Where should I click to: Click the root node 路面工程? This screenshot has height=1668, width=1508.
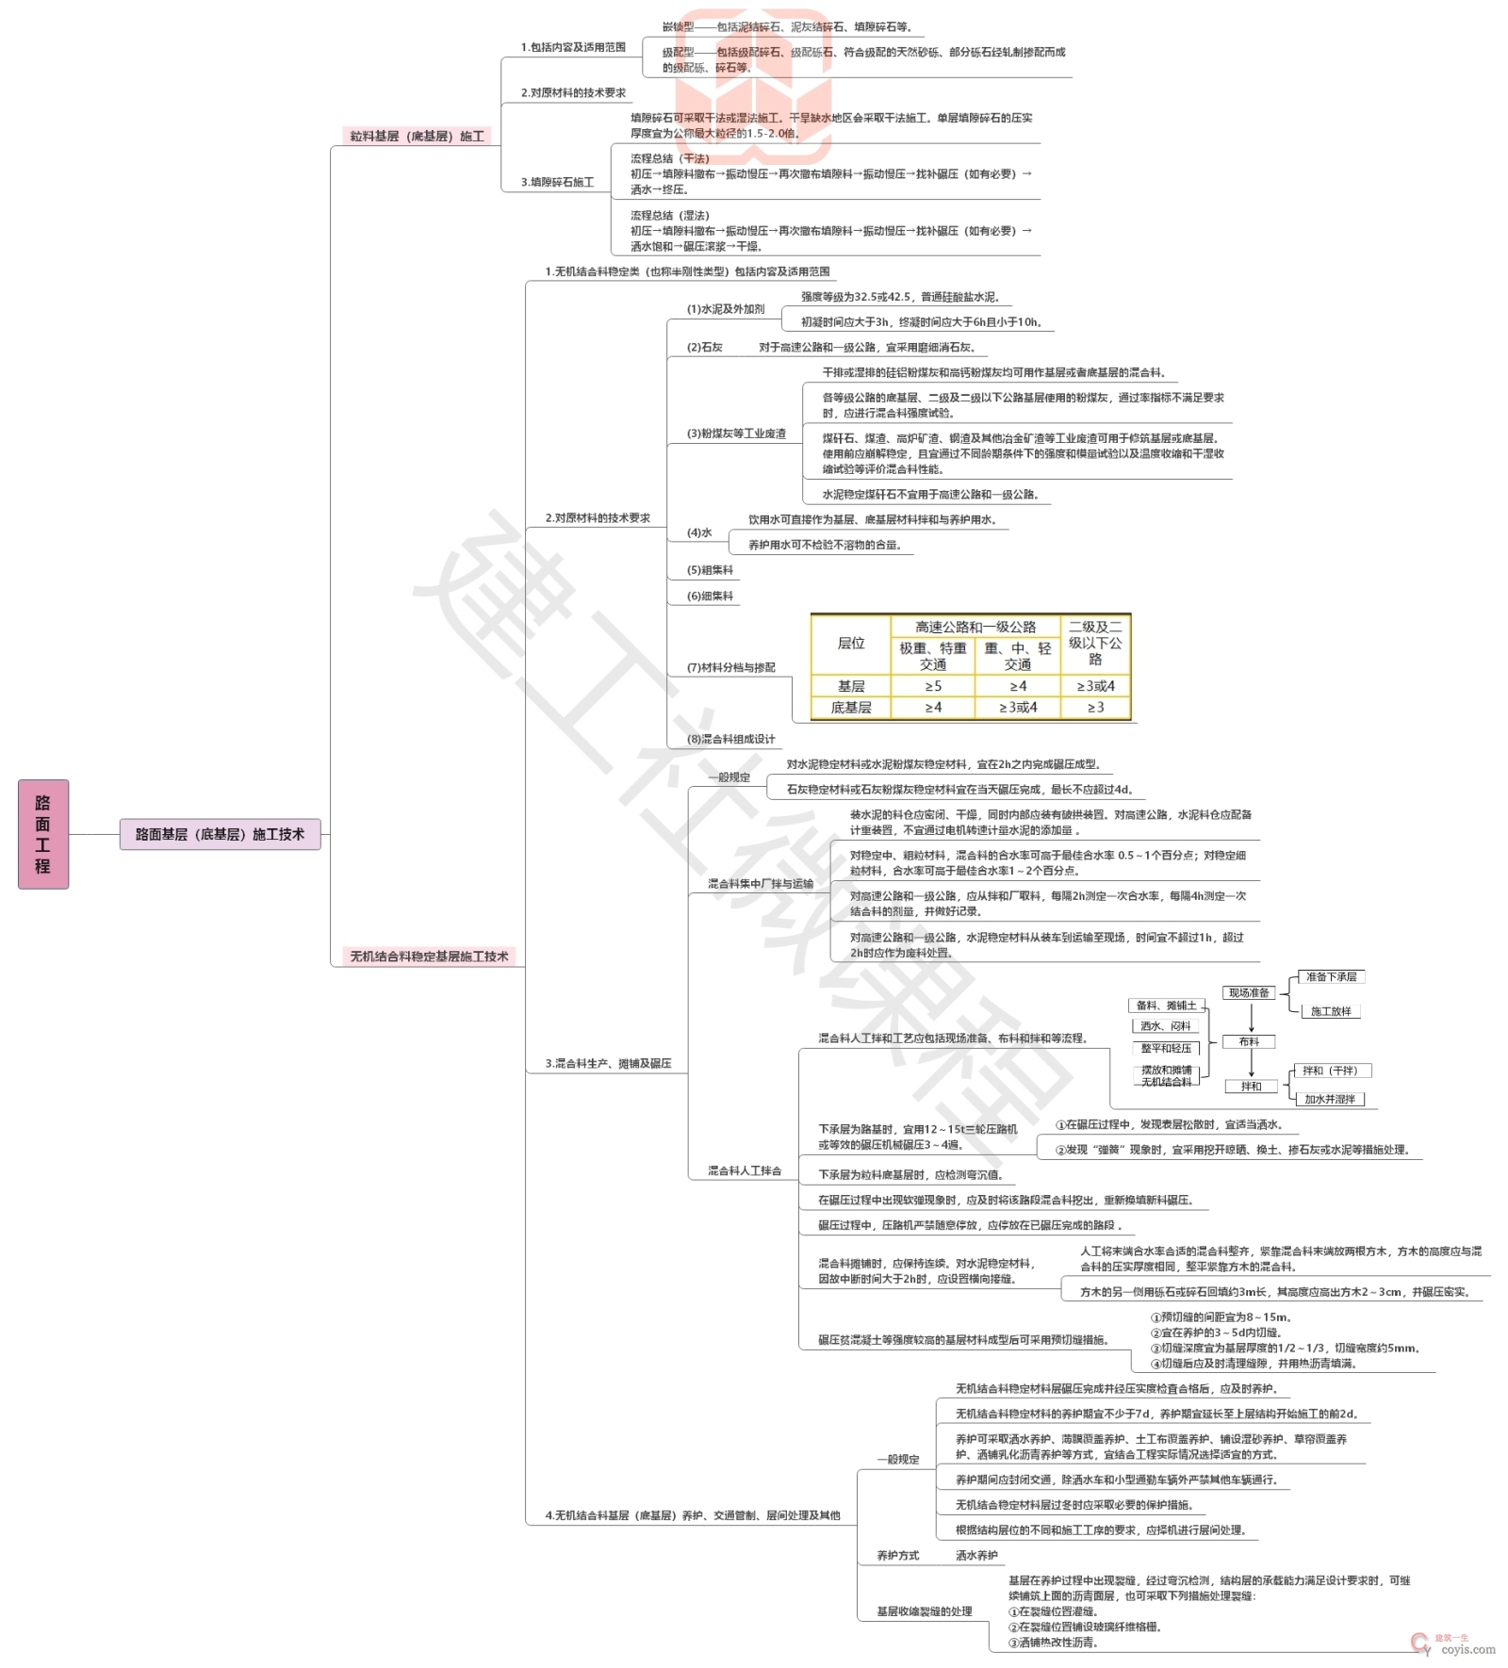[x=43, y=834]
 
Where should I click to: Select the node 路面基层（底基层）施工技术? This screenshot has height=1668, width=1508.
[x=220, y=834]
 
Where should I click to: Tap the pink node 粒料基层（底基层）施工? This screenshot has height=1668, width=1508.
[x=417, y=137]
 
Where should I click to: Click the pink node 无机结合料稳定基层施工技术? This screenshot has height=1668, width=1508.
[x=429, y=957]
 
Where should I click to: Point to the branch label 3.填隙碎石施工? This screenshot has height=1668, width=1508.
[x=557, y=182]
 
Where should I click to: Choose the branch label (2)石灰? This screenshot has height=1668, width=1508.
[x=704, y=348]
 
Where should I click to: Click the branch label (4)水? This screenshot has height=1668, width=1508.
[x=699, y=533]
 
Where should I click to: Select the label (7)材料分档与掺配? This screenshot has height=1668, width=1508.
[x=730, y=667]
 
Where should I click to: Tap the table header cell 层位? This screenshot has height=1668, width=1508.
[x=851, y=644]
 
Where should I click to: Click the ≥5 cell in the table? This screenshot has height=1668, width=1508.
[x=933, y=686]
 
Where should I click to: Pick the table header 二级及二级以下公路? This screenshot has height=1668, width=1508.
[x=1095, y=643]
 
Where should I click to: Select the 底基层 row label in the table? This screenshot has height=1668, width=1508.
[x=851, y=708]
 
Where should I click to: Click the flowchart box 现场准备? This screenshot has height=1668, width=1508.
[x=1249, y=992]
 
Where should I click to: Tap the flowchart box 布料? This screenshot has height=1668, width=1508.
[x=1249, y=1041]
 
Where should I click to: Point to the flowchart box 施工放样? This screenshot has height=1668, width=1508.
[x=1331, y=1011]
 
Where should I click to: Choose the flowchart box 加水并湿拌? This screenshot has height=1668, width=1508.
[x=1330, y=1099]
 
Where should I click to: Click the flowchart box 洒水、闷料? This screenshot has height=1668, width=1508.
[x=1166, y=1026]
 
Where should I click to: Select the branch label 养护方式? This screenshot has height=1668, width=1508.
[x=897, y=1556]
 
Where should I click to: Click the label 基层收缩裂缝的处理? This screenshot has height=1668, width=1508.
[x=924, y=1611]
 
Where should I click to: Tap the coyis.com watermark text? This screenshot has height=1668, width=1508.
[x=1467, y=1649]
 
